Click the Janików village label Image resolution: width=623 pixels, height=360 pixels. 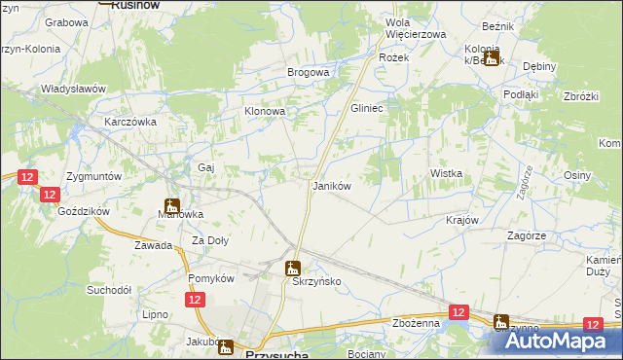330,185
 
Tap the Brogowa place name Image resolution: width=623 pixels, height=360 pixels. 308,72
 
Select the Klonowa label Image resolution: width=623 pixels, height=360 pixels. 264,112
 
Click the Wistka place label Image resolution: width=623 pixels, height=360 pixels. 446,173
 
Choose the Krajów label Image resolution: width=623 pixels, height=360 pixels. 462,220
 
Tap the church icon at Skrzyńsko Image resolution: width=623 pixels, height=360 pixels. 292,267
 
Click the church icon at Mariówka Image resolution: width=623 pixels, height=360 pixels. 172,205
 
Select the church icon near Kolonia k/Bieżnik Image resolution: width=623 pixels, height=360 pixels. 492,57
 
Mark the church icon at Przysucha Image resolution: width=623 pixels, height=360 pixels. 226,346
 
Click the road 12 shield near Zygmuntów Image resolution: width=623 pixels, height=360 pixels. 27,176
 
